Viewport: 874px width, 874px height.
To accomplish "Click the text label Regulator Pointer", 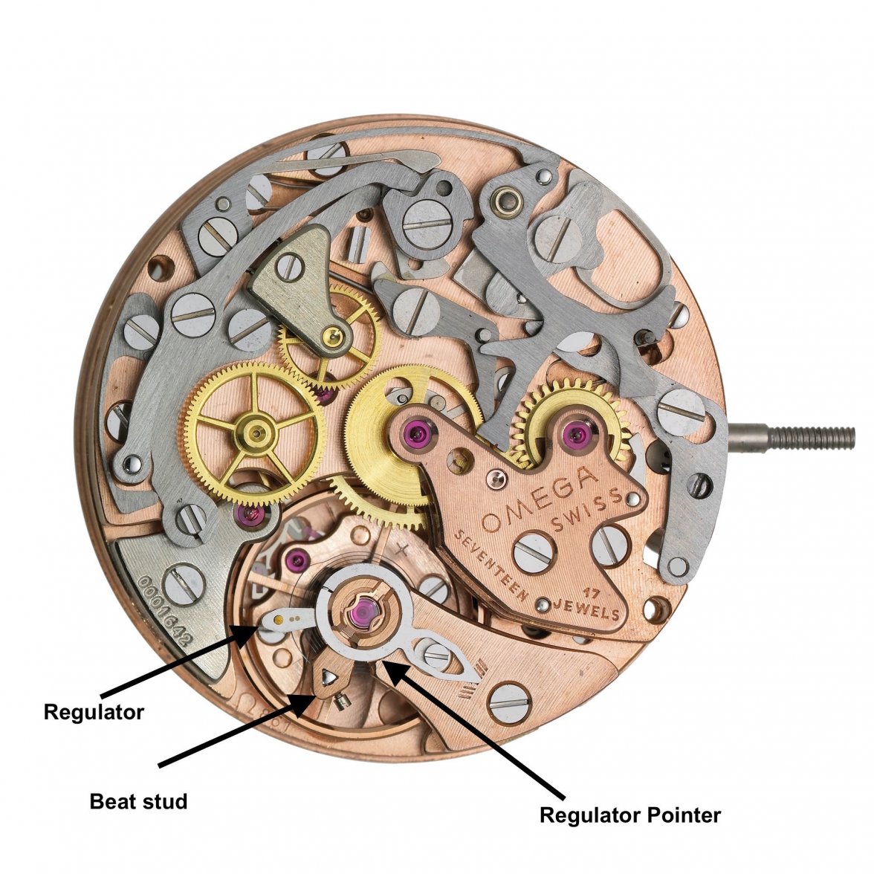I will point(629,815).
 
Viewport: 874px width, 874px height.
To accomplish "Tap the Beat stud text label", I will point(138,802).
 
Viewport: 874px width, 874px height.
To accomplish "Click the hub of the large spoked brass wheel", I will point(257,429).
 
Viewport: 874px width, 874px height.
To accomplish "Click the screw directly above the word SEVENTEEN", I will point(533,551).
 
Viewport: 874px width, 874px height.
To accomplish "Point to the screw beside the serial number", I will point(181,584).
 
